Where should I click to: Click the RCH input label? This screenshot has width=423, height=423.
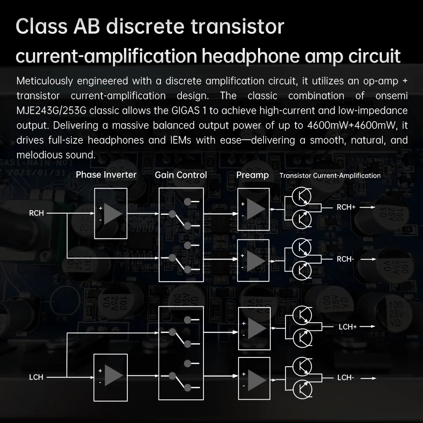pyautogui.click(x=36, y=213)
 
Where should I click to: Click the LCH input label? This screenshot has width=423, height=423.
pyautogui.click(x=36, y=377)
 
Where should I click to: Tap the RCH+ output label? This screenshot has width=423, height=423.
pyautogui.click(x=346, y=207)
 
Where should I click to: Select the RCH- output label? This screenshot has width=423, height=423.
pyautogui.click(x=345, y=259)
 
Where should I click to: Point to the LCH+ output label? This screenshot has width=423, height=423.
pyautogui.click(x=348, y=327)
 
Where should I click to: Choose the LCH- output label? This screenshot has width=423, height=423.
pyautogui.click(x=346, y=378)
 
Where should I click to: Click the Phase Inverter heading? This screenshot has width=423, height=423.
pyautogui.click(x=106, y=175)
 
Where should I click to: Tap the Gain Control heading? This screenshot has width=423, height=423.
pyautogui.click(x=181, y=175)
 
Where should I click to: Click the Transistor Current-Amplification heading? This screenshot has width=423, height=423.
pyautogui.click(x=330, y=176)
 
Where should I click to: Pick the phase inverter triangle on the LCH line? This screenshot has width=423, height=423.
pyautogui.click(x=113, y=376)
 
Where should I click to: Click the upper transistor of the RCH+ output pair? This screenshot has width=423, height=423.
pyautogui.click(x=302, y=196)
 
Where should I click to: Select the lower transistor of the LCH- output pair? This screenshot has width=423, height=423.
pyautogui.click(x=302, y=390)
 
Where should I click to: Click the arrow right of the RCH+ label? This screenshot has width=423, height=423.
pyautogui.click(x=368, y=207)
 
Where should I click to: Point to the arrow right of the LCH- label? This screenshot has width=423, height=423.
pyautogui.click(x=368, y=378)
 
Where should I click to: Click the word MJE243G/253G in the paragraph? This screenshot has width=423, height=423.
pyautogui.click(x=52, y=110)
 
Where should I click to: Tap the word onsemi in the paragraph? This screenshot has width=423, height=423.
pyautogui.click(x=391, y=96)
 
